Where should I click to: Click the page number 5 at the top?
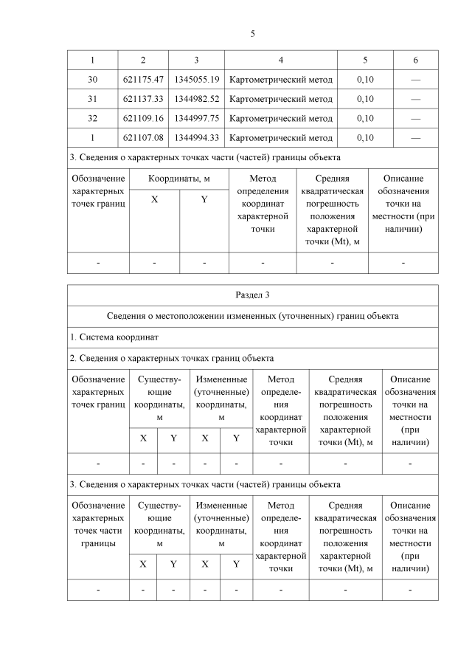[x=252, y=34]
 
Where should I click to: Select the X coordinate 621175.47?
[x=143, y=79]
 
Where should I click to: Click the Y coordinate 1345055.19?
[x=196, y=79]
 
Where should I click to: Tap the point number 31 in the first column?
[x=92, y=99]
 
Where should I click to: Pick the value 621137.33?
[x=143, y=99]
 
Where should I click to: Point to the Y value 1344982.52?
[x=196, y=99]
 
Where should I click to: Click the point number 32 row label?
[x=92, y=118]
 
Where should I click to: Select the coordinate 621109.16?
[x=143, y=118]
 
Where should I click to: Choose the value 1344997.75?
[x=196, y=118]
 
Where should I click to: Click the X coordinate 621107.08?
[x=143, y=137]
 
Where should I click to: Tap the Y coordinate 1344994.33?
[x=196, y=137]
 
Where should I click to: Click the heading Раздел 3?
[x=253, y=295]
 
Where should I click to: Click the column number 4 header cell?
[x=281, y=60]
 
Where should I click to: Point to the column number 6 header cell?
[x=415, y=60]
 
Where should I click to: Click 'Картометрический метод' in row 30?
[x=281, y=79]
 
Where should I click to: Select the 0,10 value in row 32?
[x=365, y=118]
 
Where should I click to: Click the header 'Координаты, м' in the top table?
[x=180, y=179]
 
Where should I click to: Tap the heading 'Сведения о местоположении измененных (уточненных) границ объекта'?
[x=253, y=316]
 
